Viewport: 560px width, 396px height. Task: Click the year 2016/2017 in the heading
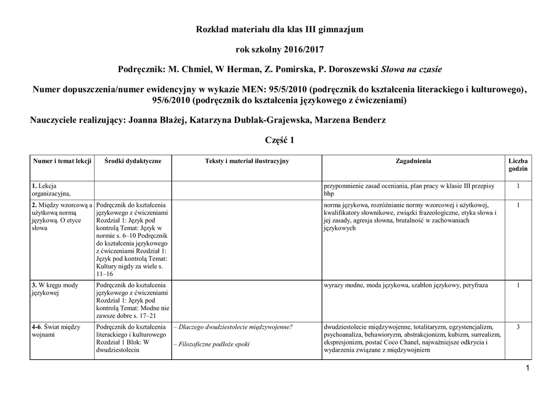point(304,50)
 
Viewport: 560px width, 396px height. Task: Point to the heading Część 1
point(279,141)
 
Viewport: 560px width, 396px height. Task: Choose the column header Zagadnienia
point(413,161)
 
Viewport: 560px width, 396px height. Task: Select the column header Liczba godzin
point(518,165)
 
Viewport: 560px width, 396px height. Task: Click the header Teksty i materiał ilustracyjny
point(247,161)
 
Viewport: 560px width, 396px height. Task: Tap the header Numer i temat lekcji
point(62,161)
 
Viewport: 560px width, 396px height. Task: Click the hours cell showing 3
point(518,327)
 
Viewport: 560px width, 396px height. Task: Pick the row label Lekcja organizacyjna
point(51,190)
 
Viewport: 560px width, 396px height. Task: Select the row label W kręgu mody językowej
point(55,289)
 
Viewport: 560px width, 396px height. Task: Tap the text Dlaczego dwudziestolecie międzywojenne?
point(233,327)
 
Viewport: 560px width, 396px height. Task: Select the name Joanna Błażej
point(157,120)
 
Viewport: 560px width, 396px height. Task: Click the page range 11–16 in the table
point(104,273)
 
